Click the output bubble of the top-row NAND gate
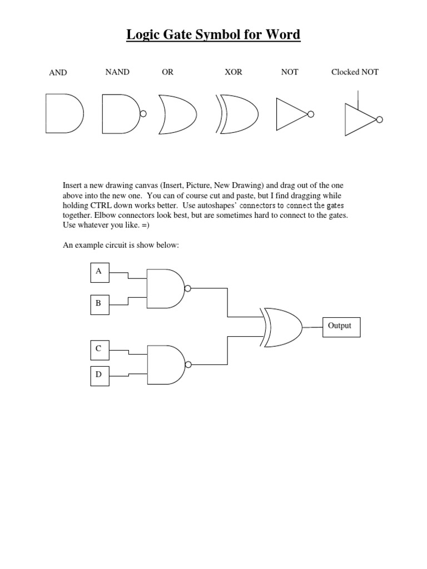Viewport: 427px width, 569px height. pos(143,114)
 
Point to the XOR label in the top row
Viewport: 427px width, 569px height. pos(233,72)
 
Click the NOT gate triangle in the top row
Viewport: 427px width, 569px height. pos(291,114)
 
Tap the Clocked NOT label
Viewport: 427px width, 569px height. pos(355,72)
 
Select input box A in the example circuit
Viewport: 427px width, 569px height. pos(99,272)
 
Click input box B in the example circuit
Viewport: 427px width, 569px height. pos(99,304)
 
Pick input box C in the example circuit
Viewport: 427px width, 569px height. pos(99,349)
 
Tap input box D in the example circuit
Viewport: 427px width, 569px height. pos(99,375)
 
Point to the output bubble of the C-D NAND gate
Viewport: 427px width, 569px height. pos(188,365)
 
